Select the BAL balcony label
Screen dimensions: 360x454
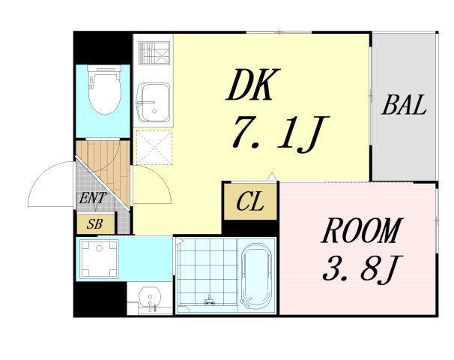tap(404, 106)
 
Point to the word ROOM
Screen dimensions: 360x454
tap(361, 232)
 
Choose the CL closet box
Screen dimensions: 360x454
tap(250, 202)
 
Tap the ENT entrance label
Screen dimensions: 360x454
tap(93, 199)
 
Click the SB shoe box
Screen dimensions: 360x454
tap(95, 223)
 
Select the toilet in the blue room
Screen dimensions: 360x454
tap(103, 91)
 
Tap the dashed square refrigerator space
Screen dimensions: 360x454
tap(154, 147)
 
